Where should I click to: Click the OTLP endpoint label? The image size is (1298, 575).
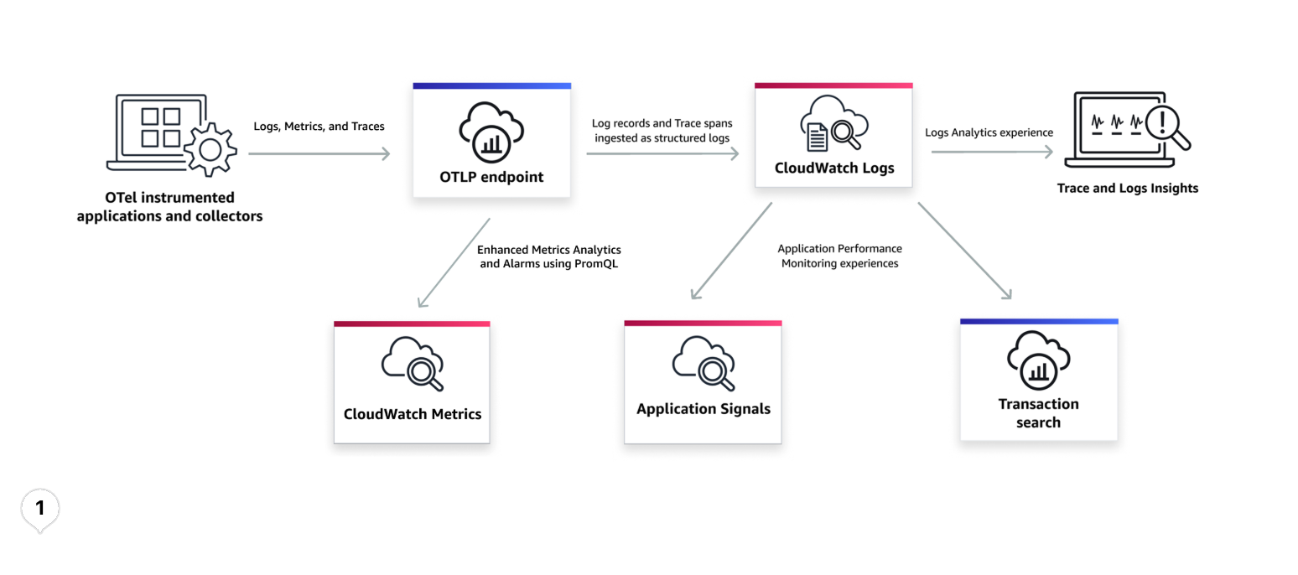click(x=491, y=177)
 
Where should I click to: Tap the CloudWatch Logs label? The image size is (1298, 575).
click(x=833, y=168)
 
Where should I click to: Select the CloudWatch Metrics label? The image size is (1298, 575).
click(x=412, y=414)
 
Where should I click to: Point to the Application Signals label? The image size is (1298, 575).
click(x=703, y=409)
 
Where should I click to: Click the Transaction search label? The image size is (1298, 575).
click(x=1038, y=413)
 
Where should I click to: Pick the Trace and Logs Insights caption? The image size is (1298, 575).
click(x=1127, y=189)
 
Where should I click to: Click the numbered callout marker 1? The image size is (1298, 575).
click(x=39, y=508)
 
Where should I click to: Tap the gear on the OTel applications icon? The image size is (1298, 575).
click(x=209, y=150)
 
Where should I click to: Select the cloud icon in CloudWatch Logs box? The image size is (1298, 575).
click(x=833, y=124)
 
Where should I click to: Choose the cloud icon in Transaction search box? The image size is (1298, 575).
click(x=1038, y=360)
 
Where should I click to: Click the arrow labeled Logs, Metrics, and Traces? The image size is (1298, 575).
click(x=319, y=153)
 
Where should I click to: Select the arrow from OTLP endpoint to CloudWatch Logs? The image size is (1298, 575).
click(x=662, y=153)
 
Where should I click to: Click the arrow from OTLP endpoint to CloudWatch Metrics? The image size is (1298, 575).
click(x=454, y=262)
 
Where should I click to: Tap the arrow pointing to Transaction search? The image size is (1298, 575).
click(x=964, y=251)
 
